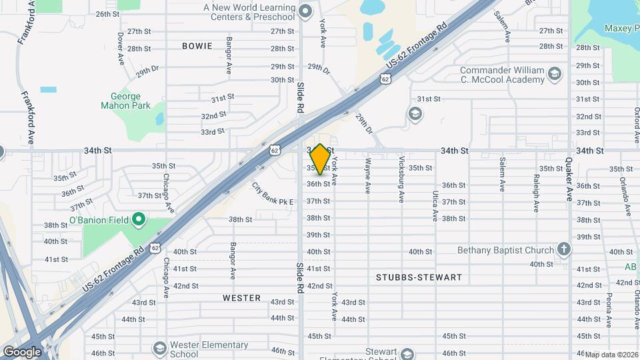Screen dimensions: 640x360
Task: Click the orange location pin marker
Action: pyautogui.click(x=320, y=159)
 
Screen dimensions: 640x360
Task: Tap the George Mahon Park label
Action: pyautogui.click(x=125, y=101)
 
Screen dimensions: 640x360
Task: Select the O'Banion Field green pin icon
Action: pyautogui.click(x=139, y=219)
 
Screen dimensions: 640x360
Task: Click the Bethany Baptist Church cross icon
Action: pyautogui.click(x=564, y=250)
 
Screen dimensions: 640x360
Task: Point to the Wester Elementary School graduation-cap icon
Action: pyautogui.click(x=159, y=349)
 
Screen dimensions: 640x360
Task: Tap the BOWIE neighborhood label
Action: pyautogui.click(x=197, y=46)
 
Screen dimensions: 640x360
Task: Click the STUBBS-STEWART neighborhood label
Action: pyautogui.click(x=419, y=277)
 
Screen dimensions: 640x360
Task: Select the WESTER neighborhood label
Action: pyautogui.click(x=241, y=298)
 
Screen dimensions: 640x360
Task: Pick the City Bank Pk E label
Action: pyautogui.click(x=273, y=194)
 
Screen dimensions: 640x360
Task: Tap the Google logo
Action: pyautogui.click(x=22, y=352)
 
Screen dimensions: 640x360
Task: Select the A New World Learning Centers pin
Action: pyautogui.click(x=305, y=11)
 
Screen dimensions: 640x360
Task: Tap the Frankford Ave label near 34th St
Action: pyautogui.click(x=29, y=119)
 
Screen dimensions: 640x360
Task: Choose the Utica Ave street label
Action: pyautogui.click(x=435, y=206)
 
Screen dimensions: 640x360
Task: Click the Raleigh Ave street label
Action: pyautogui.click(x=536, y=193)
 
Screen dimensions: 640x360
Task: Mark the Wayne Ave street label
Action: pyautogui.click(x=367, y=175)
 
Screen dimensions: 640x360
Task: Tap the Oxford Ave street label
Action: pyautogui.click(x=637, y=123)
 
